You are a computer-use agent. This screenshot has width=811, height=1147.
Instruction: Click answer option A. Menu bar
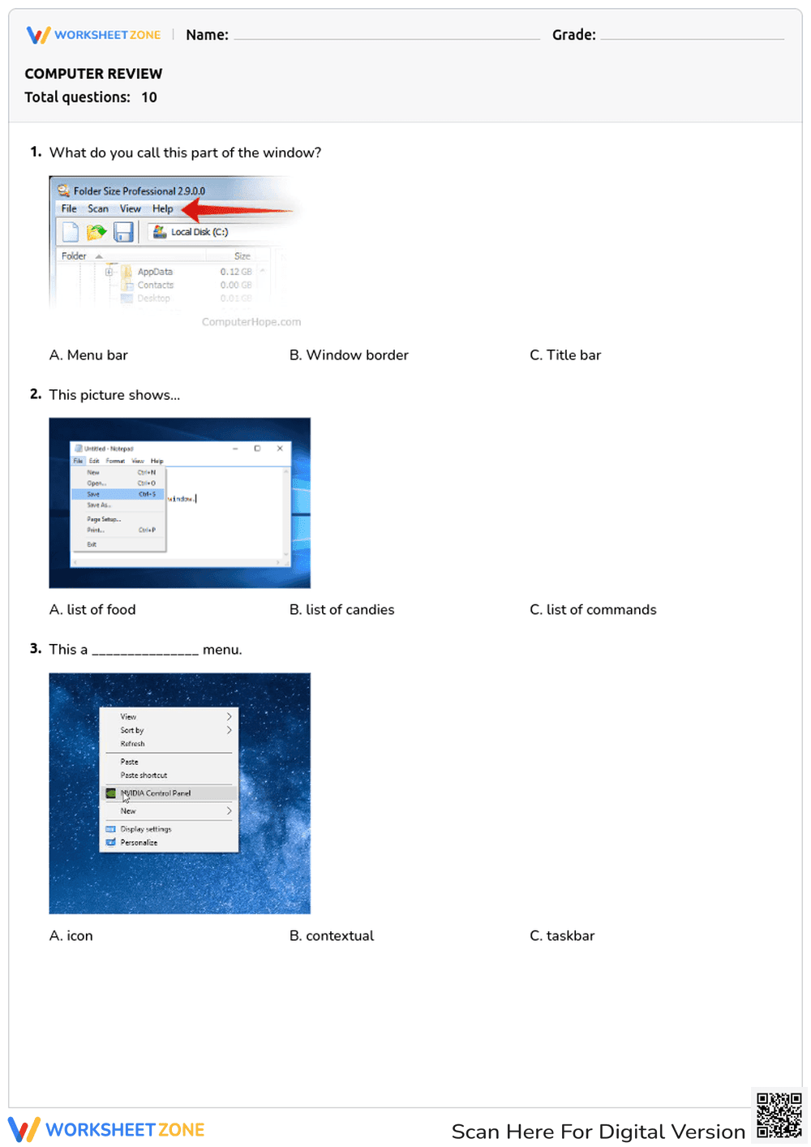click(88, 355)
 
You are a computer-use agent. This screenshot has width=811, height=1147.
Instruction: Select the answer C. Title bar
click(565, 355)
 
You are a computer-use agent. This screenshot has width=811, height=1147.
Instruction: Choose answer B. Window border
click(349, 355)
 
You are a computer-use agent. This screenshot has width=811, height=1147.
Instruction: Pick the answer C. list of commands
click(593, 610)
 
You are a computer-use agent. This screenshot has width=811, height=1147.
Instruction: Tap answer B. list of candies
click(341, 610)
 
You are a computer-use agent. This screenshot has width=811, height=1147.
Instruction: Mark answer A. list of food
click(92, 610)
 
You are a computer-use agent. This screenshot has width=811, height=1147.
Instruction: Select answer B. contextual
click(332, 936)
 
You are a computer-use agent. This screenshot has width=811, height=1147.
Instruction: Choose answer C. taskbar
click(562, 936)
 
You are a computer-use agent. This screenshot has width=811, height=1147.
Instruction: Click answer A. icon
click(71, 936)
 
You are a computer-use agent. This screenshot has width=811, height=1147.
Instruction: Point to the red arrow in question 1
click(235, 211)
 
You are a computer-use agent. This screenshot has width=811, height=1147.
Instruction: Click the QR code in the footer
click(779, 1115)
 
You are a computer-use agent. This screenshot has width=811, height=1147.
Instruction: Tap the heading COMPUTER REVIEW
click(93, 74)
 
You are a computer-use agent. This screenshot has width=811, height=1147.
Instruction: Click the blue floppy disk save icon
click(123, 233)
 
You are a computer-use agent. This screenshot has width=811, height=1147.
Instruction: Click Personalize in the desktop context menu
click(139, 843)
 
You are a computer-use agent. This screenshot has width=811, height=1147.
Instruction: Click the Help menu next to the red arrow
click(163, 209)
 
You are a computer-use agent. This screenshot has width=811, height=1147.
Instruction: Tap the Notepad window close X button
click(280, 448)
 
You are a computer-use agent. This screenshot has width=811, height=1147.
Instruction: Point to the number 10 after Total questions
click(149, 97)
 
